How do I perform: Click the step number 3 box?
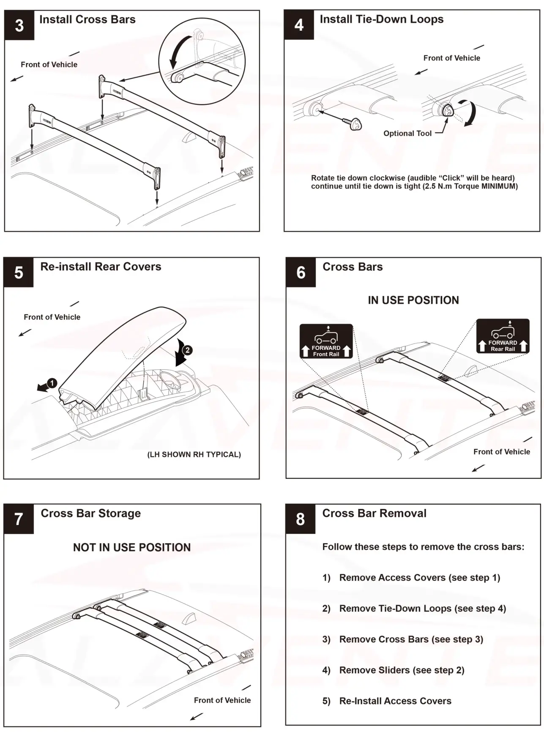point(19,25)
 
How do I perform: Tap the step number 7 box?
point(19,519)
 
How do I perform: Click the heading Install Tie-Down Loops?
point(381,19)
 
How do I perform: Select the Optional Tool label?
point(407,134)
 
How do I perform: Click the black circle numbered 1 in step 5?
point(52,383)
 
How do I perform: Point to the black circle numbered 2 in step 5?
point(187,350)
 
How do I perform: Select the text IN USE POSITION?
point(413,300)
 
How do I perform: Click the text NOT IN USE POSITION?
point(131,547)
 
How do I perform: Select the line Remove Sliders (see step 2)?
point(401,670)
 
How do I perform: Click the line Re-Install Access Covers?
point(395,701)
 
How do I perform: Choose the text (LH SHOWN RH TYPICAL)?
point(194,454)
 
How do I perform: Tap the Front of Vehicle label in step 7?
point(222,700)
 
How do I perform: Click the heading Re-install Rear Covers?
point(101,267)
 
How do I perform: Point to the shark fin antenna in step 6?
point(470,371)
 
